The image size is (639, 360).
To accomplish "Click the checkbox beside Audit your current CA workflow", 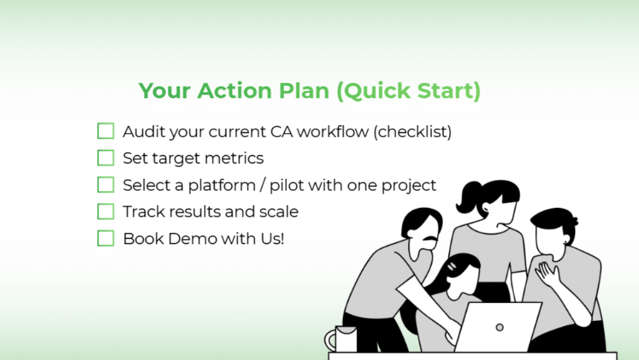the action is [106, 131].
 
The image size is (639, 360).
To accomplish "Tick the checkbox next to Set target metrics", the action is [106, 158].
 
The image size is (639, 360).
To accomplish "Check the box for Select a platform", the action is [106, 185].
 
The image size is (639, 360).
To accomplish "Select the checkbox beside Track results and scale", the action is [106, 212].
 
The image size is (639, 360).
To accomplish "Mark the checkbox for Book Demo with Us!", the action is [106, 238].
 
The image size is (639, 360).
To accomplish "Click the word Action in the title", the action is [234, 91].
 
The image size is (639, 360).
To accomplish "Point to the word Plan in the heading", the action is [304, 91].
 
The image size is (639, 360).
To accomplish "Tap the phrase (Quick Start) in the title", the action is [409, 91].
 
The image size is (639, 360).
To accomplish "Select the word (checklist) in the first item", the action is [412, 132].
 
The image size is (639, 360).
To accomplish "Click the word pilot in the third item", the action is [286, 185].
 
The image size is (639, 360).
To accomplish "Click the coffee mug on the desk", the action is [341, 338].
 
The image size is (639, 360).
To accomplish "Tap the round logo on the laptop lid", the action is [499, 327].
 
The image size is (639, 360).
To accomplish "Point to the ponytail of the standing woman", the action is [468, 197].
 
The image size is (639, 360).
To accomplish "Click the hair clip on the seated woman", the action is [452, 266].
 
